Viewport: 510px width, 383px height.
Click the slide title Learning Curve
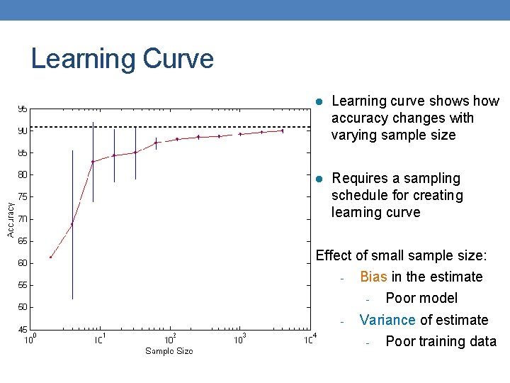point(122,58)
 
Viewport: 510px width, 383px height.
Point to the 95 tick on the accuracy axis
point(23,109)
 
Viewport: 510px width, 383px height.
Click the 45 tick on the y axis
point(23,329)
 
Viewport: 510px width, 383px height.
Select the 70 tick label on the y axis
point(23,219)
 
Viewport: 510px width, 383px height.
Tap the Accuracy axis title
point(11,219)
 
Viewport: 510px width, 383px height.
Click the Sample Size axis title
point(169,351)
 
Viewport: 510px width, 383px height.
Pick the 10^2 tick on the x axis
point(171,340)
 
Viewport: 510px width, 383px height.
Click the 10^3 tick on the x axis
point(240,340)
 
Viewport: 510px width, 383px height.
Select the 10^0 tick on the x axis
point(30,340)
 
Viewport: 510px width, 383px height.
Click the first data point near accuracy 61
point(51,257)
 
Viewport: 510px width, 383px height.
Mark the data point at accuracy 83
point(93,162)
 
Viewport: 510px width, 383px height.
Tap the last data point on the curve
point(283,131)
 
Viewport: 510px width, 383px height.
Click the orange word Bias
point(373,277)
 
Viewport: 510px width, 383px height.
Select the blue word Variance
point(387,320)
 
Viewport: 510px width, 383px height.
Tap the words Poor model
point(421,298)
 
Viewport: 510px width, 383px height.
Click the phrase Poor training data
point(441,341)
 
